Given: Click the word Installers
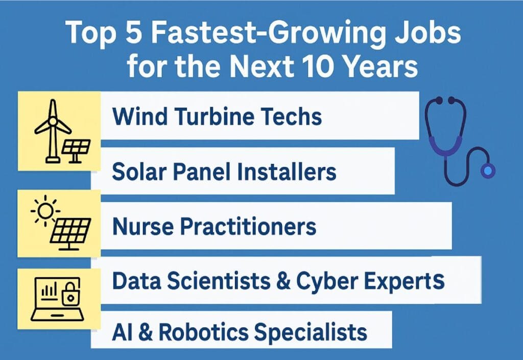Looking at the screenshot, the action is (288, 172).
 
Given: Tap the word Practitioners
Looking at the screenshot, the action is (248, 227).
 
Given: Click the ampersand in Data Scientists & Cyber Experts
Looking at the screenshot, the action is (283, 281).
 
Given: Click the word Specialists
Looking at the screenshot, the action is (311, 332).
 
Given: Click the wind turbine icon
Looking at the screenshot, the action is (53, 131).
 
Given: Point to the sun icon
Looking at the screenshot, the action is (45, 211).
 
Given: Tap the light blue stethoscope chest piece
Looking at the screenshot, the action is (487, 171).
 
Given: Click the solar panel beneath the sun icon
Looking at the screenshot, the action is (70, 234).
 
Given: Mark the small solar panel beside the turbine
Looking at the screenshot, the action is (76, 151).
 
